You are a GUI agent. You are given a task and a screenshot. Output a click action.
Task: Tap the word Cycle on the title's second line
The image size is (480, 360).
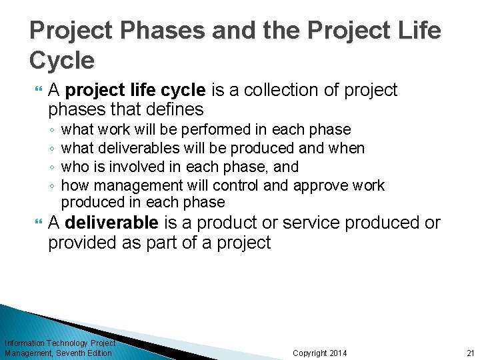[x=62, y=61]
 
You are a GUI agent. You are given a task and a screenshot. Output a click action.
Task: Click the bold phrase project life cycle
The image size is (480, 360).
[x=138, y=90]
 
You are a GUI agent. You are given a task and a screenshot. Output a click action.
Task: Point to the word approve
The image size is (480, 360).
[x=322, y=185]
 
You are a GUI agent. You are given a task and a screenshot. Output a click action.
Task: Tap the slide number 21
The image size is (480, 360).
[x=470, y=353]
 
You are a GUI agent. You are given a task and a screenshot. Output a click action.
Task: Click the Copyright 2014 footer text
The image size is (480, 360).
[x=319, y=353]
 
